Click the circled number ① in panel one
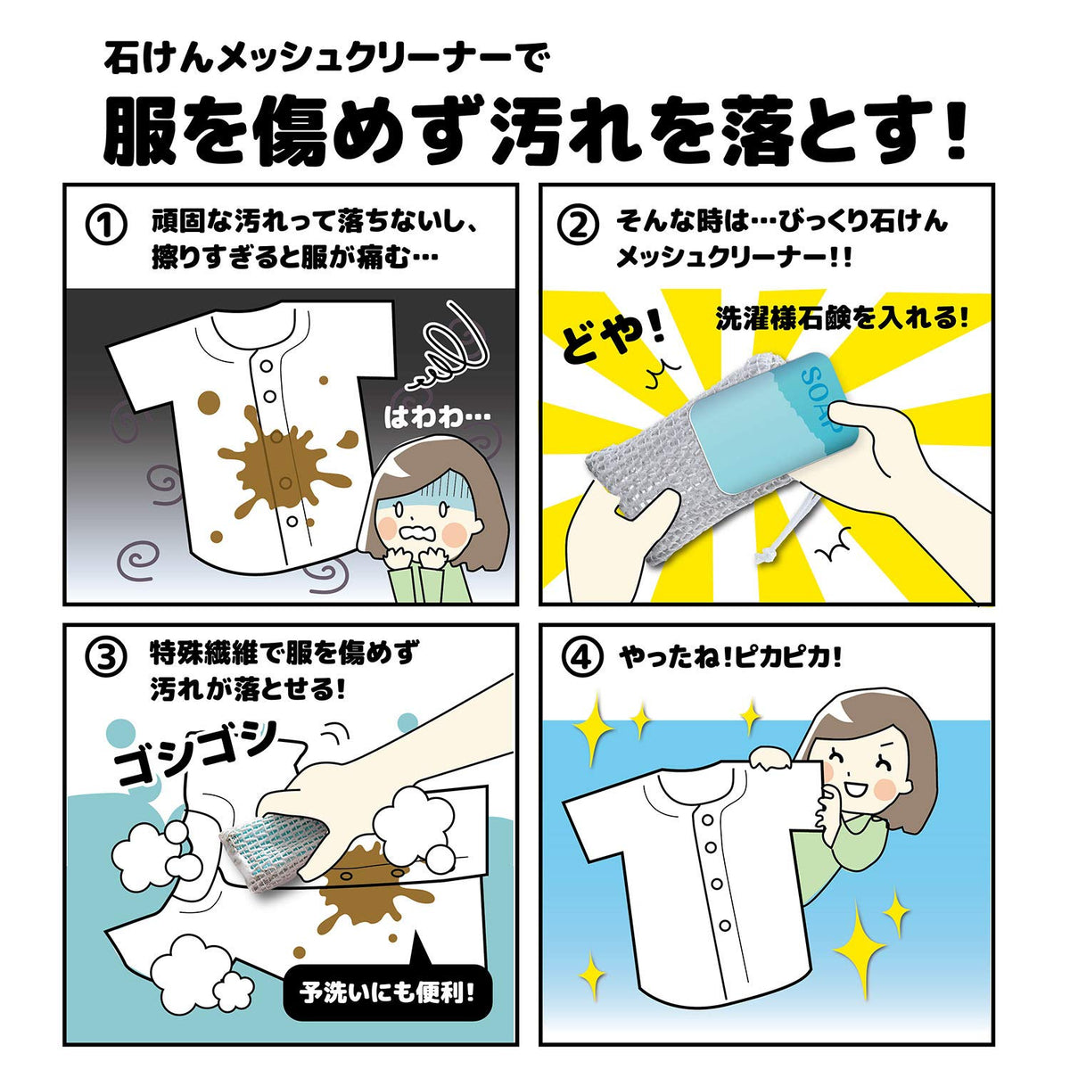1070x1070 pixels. point(106,226)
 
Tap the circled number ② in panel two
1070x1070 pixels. point(580,226)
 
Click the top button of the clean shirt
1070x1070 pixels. point(707,819)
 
